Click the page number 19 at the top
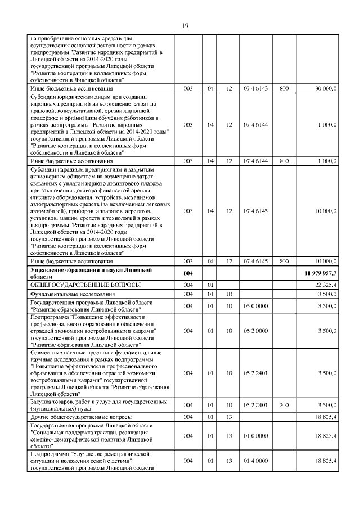184,25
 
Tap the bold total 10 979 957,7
317,273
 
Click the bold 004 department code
188,273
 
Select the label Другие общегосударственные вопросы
81,417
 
